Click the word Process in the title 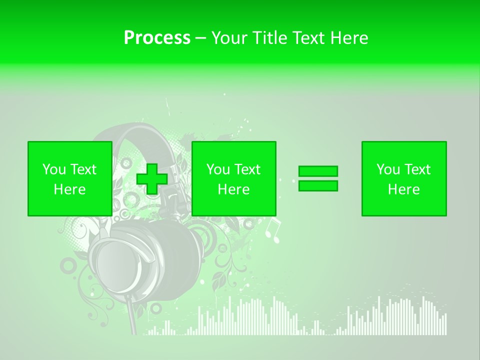point(157,38)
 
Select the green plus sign point(152,179)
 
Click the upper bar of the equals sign point(318,171)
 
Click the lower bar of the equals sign point(318,186)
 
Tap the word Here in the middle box point(233,189)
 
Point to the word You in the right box point(388,169)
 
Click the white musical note point(272,229)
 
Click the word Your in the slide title point(228,38)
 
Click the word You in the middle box point(218,169)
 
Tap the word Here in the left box point(69,189)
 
